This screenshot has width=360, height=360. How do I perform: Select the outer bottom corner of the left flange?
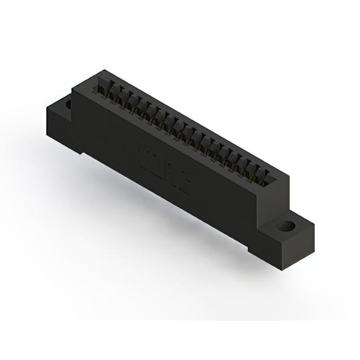[47, 132]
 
